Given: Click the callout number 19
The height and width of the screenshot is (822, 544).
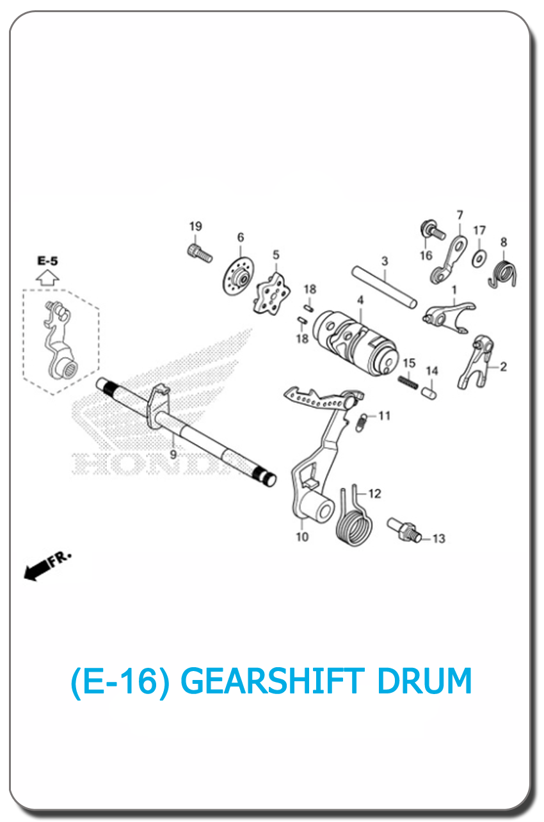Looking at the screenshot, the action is pyautogui.click(x=196, y=226).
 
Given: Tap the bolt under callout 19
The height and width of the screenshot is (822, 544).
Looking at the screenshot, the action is pyautogui.click(x=200, y=253).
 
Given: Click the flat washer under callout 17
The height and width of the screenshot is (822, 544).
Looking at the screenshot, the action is pyautogui.click(x=479, y=259).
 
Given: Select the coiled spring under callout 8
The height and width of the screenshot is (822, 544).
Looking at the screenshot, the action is pyautogui.click(x=504, y=274).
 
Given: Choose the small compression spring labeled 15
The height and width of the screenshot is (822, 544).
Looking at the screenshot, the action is pyautogui.click(x=408, y=382).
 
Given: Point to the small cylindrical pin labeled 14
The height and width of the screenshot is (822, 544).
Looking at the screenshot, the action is pyautogui.click(x=429, y=393).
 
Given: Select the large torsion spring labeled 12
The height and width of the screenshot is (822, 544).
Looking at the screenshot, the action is pyautogui.click(x=354, y=516).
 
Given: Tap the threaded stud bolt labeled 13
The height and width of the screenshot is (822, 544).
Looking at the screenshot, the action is pyautogui.click(x=404, y=530).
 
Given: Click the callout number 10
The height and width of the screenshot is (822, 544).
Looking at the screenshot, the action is pyautogui.click(x=302, y=537).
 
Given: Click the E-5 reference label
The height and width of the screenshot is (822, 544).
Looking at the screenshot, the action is pyautogui.click(x=48, y=261).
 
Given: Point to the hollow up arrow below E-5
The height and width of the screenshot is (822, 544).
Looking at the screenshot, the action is pyautogui.click(x=47, y=278).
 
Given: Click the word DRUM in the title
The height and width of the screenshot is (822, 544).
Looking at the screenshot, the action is pyautogui.click(x=424, y=681).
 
